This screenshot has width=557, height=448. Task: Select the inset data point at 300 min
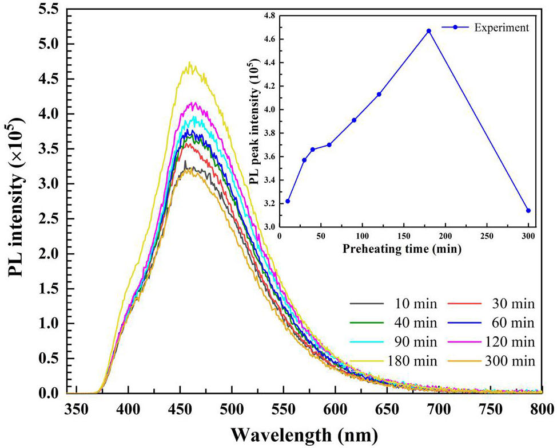pyautogui.click(x=528, y=210)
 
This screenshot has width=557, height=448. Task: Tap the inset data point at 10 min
pyautogui.click(x=288, y=201)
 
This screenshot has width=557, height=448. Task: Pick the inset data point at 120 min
pyautogui.click(x=379, y=94)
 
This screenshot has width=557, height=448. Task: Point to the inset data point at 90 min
pyautogui.click(x=354, y=120)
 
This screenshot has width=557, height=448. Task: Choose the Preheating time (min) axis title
pyautogui.click(x=404, y=249)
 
